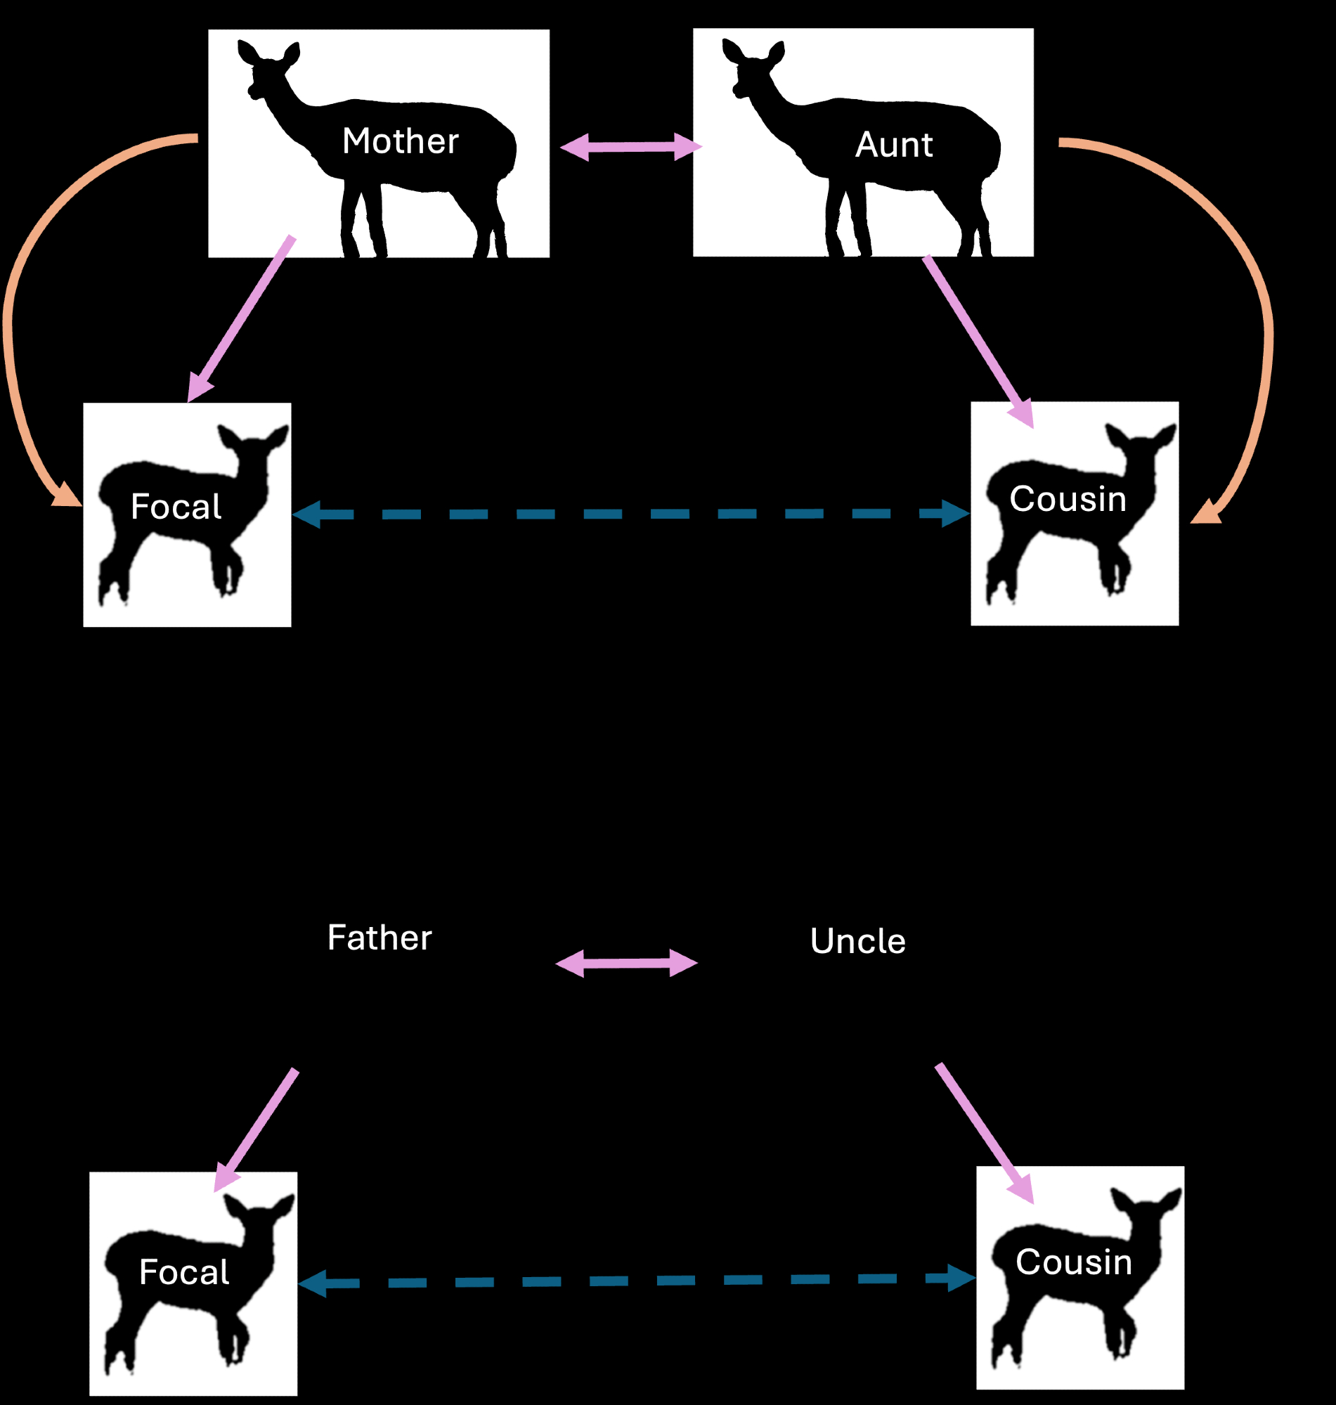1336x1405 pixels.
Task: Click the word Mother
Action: pos(400,141)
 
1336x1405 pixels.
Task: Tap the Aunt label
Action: pos(894,145)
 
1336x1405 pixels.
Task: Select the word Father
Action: pos(380,938)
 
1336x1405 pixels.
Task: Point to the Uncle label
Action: pos(858,941)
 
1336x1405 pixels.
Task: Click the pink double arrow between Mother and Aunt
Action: pos(631,148)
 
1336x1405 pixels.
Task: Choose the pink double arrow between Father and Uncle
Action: pos(626,964)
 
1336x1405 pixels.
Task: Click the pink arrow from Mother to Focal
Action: pos(242,318)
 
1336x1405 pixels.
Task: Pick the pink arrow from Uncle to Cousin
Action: pos(983,1133)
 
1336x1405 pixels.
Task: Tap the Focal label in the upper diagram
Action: pos(176,507)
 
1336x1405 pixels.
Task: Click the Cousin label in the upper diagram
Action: pos(1068,499)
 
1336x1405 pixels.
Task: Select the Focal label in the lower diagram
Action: pos(183,1273)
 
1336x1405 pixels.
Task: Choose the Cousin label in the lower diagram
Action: pos(1073,1262)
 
